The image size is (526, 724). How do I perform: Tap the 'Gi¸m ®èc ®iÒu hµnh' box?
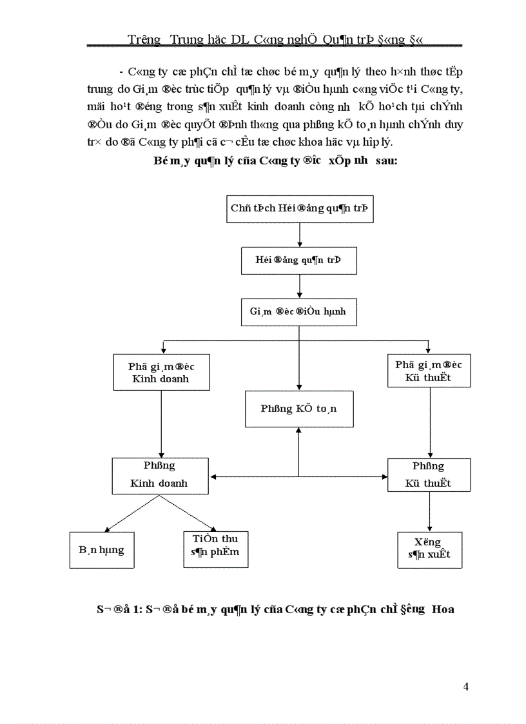(x=298, y=311)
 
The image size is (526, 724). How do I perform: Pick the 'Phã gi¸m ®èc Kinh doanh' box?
(x=161, y=372)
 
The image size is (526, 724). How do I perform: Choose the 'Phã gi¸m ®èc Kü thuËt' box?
(x=429, y=370)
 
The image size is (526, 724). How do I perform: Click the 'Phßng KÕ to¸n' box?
(x=298, y=409)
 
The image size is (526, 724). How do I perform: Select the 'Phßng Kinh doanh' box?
(x=161, y=475)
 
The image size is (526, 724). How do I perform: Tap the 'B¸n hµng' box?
(x=102, y=550)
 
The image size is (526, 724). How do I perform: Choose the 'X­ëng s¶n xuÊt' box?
(x=429, y=549)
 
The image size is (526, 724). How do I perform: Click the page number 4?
(x=465, y=687)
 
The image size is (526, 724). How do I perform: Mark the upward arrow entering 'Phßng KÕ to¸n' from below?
(x=298, y=451)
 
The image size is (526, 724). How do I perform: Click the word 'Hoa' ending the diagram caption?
(x=442, y=609)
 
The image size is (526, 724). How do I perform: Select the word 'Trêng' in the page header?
(x=144, y=40)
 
